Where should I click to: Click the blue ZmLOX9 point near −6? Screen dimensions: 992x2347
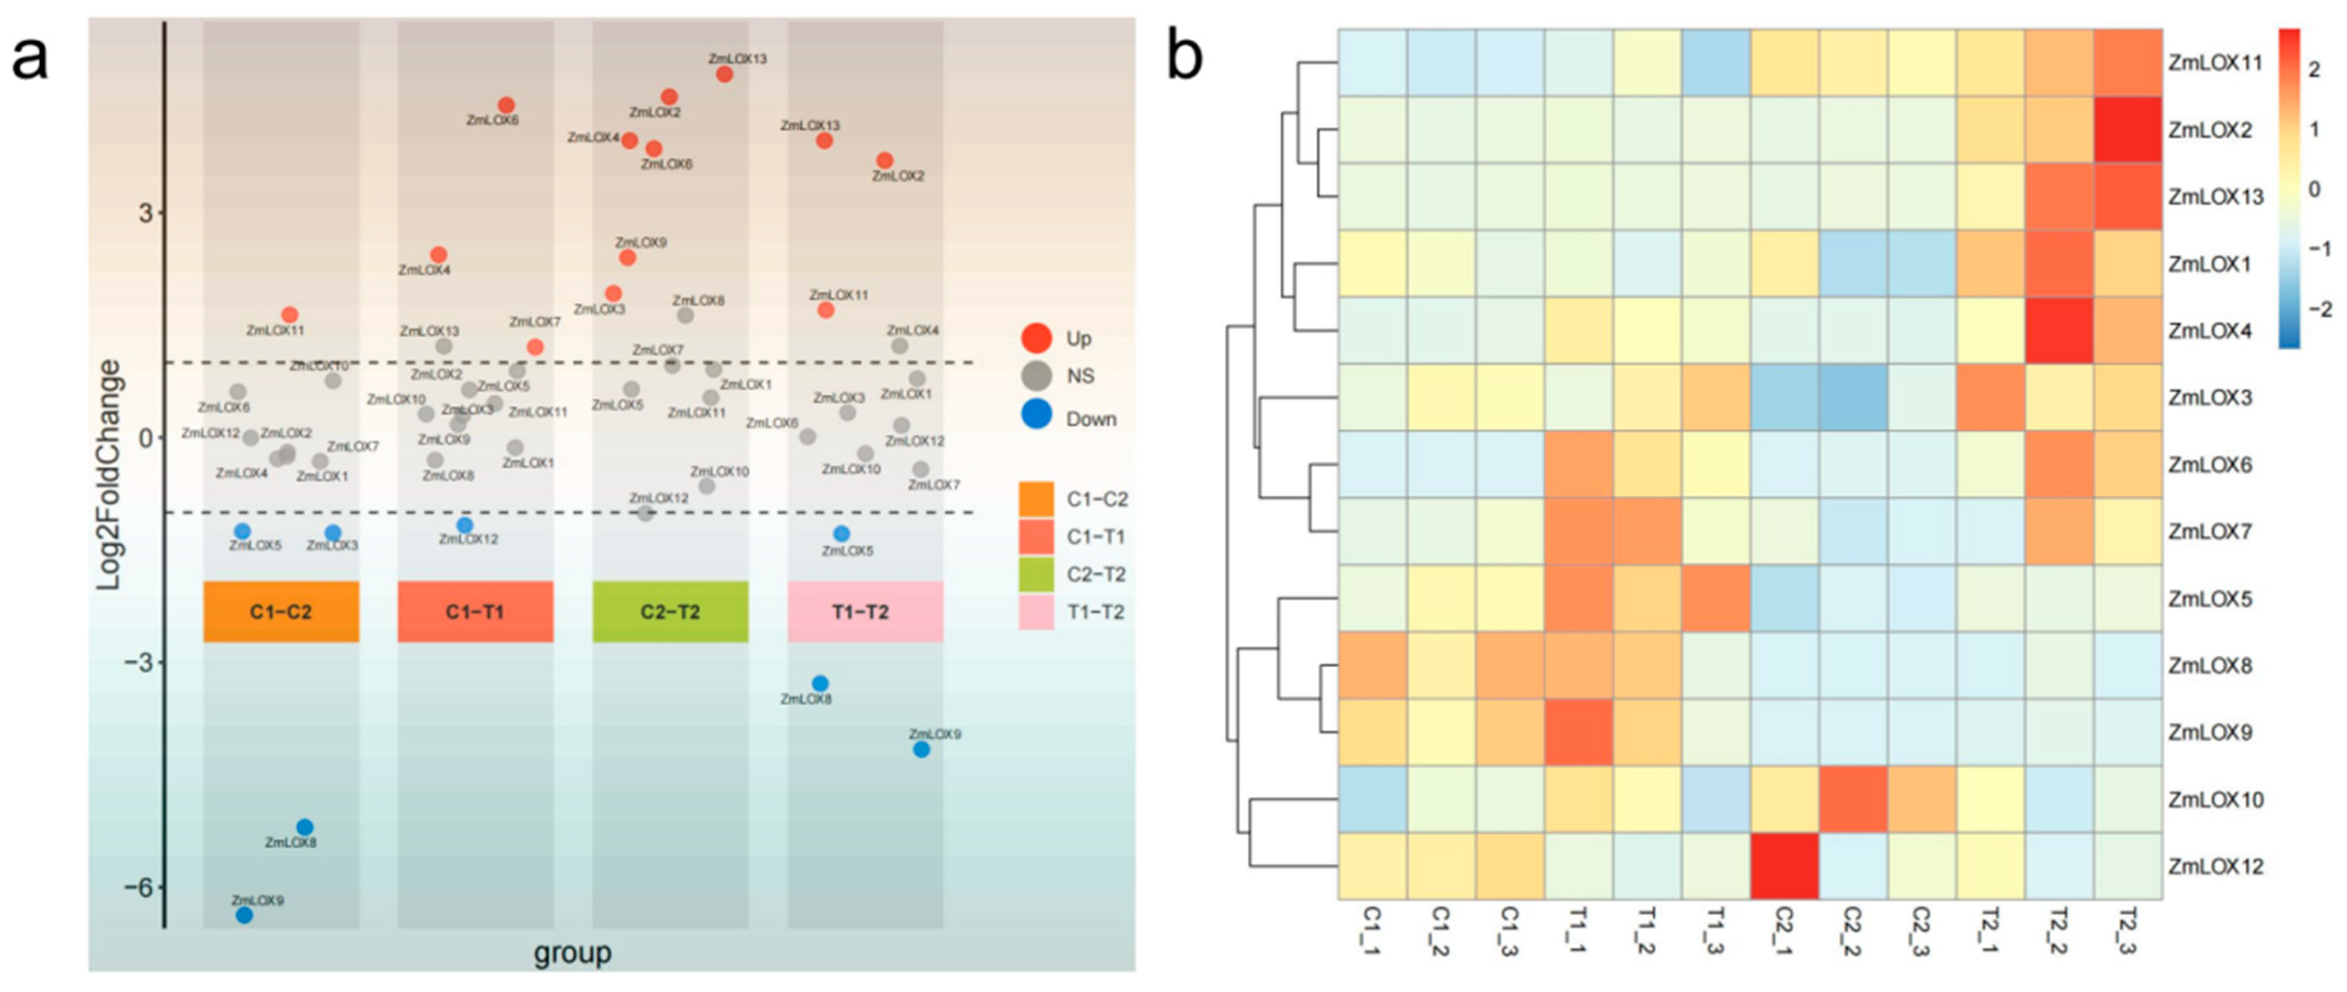[x=244, y=915]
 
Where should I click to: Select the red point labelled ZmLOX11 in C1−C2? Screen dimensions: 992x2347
[x=290, y=315]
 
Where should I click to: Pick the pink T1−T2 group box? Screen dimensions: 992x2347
[x=865, y=611]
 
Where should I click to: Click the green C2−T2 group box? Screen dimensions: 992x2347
[x=671, y=611]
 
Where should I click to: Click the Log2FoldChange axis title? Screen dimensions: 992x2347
[x=110, y=474]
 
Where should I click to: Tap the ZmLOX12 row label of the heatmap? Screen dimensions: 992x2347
[x=2216, y=866]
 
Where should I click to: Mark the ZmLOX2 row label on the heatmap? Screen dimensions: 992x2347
[x=2210, y=130]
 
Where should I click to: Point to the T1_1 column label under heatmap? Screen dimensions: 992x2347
[x=1578, y=931]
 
